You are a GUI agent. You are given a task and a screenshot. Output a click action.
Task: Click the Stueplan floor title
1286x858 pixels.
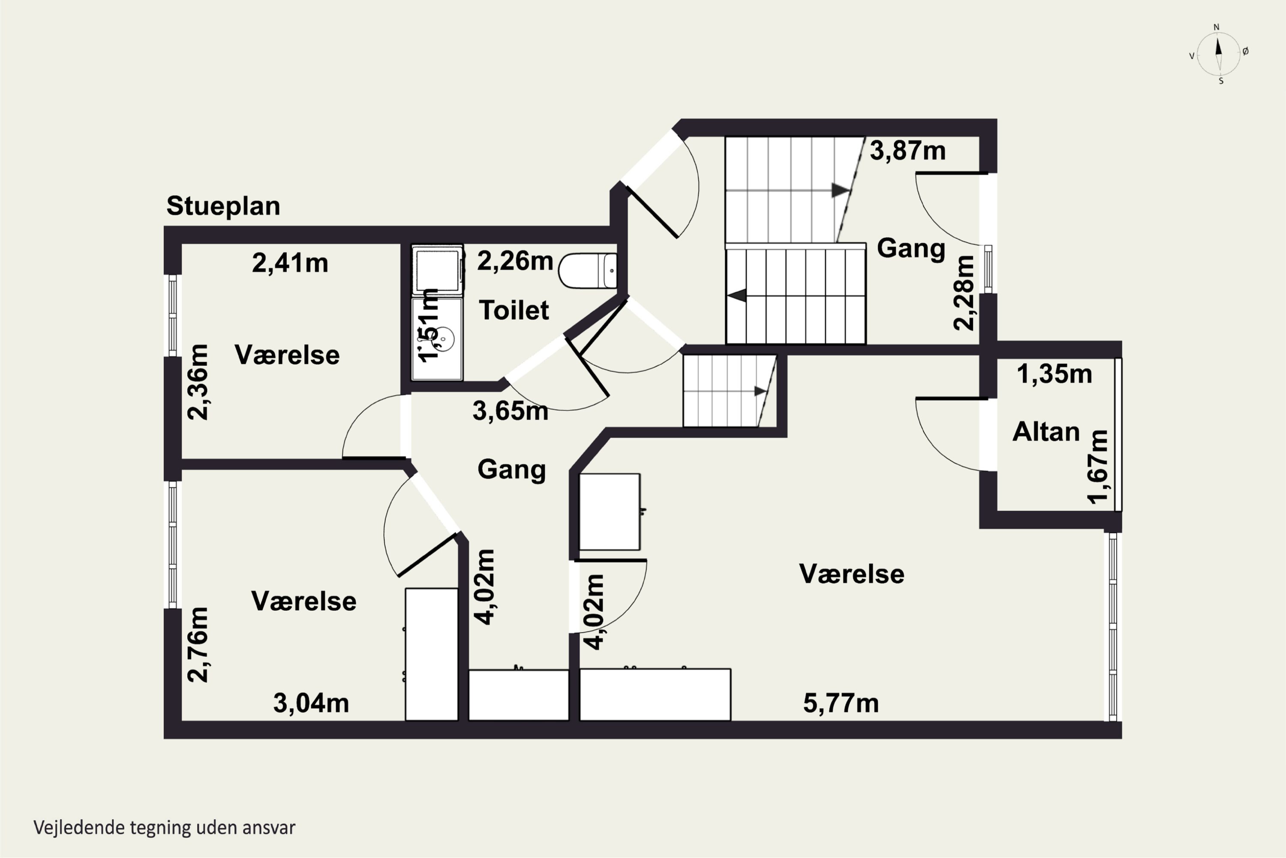point(223,207)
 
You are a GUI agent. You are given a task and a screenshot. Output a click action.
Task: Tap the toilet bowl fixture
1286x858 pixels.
point(588,270)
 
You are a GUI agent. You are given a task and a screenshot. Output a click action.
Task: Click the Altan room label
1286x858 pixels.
point(1046,432)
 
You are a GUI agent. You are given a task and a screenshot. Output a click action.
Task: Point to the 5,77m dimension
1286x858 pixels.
point(841,704)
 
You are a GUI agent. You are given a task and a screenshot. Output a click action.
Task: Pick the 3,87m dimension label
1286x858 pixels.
point(907,151)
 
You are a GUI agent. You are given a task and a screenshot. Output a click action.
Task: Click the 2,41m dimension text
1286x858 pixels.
point(290,263)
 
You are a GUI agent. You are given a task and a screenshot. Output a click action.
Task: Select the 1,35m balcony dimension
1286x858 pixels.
point(1054,374)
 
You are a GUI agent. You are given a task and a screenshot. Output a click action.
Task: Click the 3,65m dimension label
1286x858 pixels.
point(510,411)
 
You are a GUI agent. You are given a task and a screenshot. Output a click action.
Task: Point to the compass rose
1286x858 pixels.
point(1219,54)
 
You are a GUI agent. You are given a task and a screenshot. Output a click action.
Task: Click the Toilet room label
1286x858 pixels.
point(514,310)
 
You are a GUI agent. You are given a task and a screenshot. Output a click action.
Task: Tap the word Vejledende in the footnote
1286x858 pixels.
point(79,828)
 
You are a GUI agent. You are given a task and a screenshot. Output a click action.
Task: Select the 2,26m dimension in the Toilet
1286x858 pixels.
point(515,261)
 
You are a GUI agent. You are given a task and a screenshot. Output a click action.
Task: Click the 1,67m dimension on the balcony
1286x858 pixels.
point(1097,467)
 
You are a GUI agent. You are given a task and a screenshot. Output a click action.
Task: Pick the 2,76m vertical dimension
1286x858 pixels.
point(198,645)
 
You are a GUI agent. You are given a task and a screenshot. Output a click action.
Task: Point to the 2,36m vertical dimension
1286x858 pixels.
point(198,382)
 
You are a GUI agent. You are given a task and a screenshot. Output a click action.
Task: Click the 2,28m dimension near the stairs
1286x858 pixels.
point(963,293)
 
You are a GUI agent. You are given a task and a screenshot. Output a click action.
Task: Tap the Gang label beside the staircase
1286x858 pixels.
point(911,248)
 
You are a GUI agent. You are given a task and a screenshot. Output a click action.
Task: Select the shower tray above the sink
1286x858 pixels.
point(437,270)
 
